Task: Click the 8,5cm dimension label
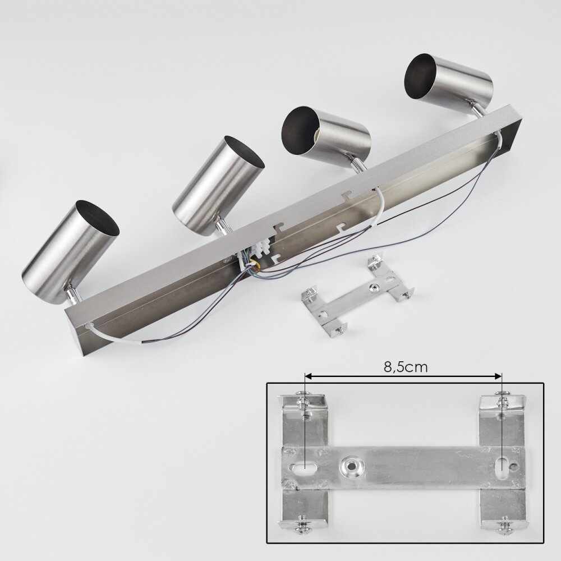coord(406,367)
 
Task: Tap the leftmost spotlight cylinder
coord(70,250)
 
